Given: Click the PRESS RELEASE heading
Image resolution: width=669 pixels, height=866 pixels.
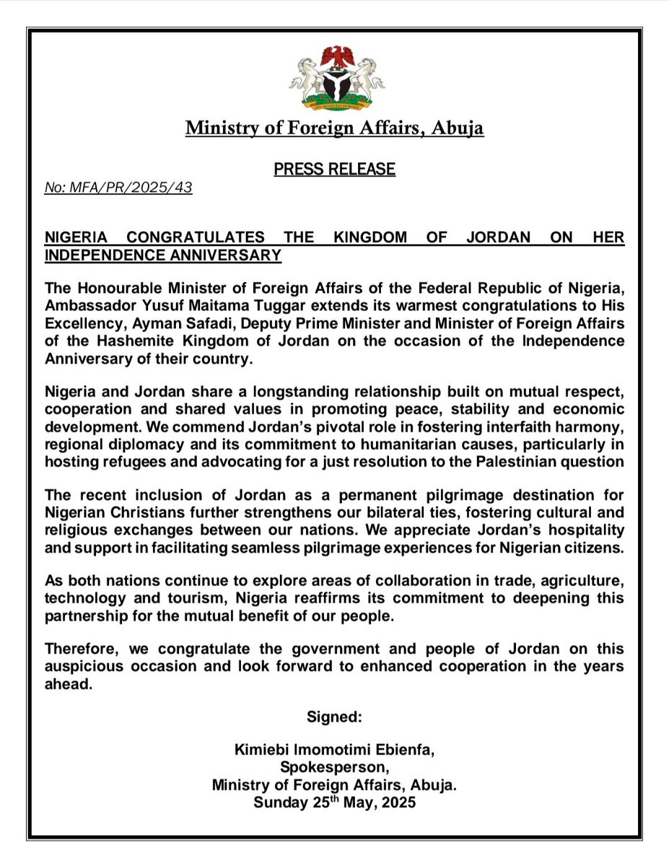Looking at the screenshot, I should (334, 170).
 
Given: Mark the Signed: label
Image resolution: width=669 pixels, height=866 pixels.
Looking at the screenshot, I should (334, 717).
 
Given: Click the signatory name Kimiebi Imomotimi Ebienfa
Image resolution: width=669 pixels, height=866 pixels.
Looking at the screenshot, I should (334, 751).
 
